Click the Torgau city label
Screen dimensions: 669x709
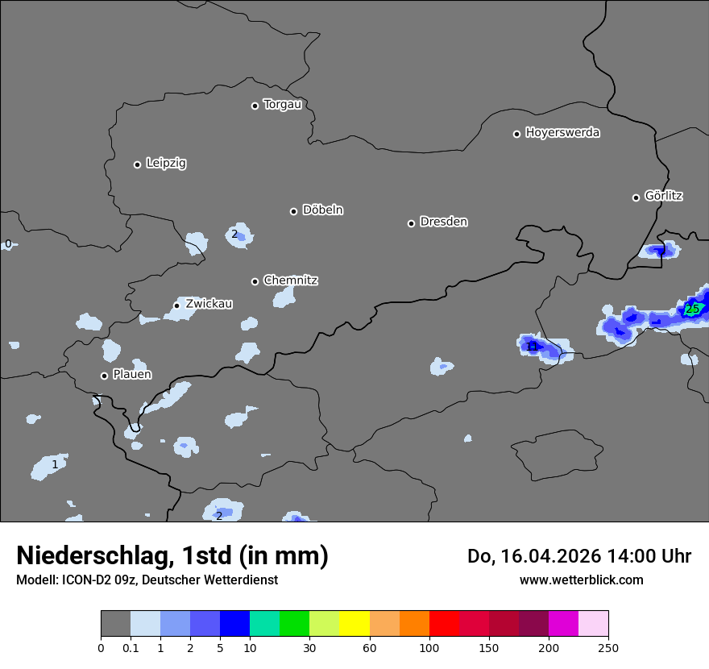[282, 105]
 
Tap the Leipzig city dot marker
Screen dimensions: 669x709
[138, 164]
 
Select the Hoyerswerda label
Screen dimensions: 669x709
[562, 133]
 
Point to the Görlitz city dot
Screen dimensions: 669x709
[636, 197]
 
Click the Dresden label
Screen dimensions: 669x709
[443, 222]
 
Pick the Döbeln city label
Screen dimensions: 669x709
[322, 210]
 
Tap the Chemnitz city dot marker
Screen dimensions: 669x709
[255, 281]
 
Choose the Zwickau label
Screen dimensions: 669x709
[209, 304]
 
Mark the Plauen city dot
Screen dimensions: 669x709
[104, 376]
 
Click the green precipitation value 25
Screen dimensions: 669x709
[692, 309]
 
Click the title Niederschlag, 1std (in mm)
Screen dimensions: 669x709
[172, 555]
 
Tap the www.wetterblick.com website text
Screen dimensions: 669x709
[581, 580]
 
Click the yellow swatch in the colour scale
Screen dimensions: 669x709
[354, 623]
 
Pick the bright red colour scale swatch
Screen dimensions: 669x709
[444, 623]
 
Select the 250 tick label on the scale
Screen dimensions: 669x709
[608, 647]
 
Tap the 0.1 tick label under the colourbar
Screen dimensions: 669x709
[131, 647]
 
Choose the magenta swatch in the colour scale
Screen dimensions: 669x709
[563, 623]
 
